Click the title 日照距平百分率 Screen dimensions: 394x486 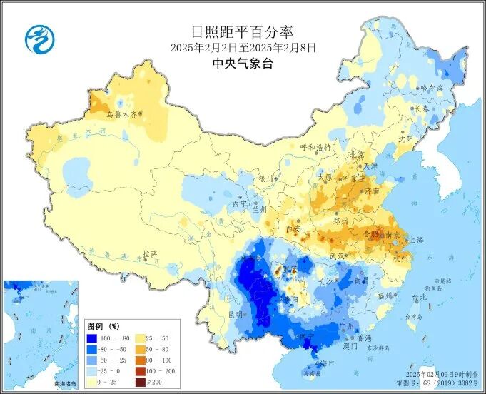click(x=243, y=32)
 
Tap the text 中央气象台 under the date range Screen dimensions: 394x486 click(x=243, y=63)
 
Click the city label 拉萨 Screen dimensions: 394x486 click(x=149, y=253)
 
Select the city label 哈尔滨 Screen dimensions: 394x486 click(x=432, y=88)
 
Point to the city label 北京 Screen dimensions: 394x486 click(x=356, y=155)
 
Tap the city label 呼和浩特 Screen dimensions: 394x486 click(x=315, y=147)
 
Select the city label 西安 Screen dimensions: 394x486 click(x=293, y=228)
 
